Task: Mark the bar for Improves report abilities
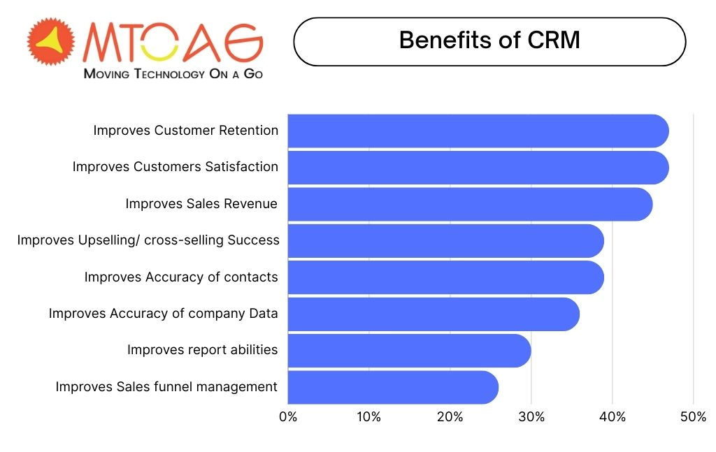click(x=409, y=350)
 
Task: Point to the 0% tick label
click(x=288, y=417)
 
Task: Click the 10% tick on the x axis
click(x=368, y=417)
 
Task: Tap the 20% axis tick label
click(x=450, y=417)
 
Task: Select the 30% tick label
click(x=531, y=417)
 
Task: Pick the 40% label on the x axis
click(x=612, y=417)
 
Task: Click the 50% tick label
click(x=693, y=417)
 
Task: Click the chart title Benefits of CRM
click(x=489, y=41)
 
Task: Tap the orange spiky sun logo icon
click(x=50, y=43)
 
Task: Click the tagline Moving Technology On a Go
click(x=173, y=73)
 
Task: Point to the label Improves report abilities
click(x=202, y=349)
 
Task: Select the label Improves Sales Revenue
click(x=201, y=203)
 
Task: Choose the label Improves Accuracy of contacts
click(x=181, y=277)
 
